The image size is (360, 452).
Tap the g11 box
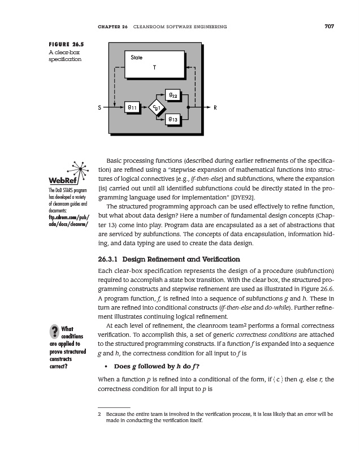pyautogui.click(x=132, y=106)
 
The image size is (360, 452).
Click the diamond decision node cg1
pyautogui.click(x=157, y=106)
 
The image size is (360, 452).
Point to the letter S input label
pyautogui.click(x=99, y=106)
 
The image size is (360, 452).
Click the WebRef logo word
pyautogui.click(x=63, y=180)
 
